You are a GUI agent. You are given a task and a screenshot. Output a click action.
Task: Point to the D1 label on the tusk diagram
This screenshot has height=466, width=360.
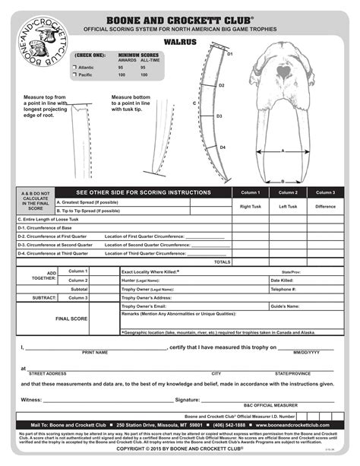click(229, 55)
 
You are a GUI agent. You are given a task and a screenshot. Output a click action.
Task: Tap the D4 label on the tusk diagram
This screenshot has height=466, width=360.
click(223, 147)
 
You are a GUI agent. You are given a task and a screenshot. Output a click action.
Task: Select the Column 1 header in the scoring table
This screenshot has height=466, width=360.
click(250, 193)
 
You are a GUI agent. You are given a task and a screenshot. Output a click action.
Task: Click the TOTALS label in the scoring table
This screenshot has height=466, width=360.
click(222, 262)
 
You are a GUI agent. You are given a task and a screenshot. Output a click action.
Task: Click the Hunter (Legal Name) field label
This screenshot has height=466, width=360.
click(141, 280)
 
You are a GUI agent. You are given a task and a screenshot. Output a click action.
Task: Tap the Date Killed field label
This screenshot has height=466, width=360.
click(283, 280)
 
